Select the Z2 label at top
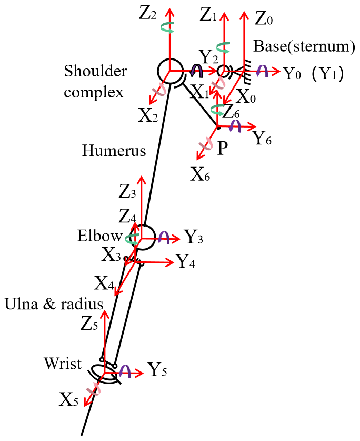[148, 14]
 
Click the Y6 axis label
[263, 139]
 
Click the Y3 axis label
[193, 238]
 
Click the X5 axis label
[69, 401]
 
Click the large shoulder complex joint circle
[169, 71]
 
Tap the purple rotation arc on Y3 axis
[164, 237]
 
